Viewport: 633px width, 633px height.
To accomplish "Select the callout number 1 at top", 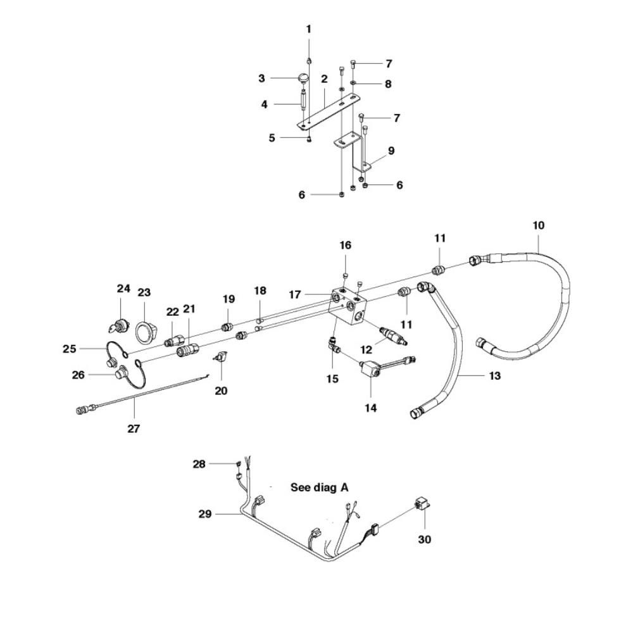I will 309,29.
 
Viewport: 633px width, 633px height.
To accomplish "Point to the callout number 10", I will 539,225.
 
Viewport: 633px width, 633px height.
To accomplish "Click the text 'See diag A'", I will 320,487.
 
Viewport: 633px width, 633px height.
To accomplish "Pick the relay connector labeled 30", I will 422,505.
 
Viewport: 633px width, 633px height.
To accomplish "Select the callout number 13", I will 495,376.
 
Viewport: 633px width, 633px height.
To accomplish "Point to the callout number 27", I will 133,429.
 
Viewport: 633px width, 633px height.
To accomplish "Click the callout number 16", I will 346,245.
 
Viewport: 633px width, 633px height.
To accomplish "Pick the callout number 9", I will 391,151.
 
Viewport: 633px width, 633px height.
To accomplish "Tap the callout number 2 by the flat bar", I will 323,79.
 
